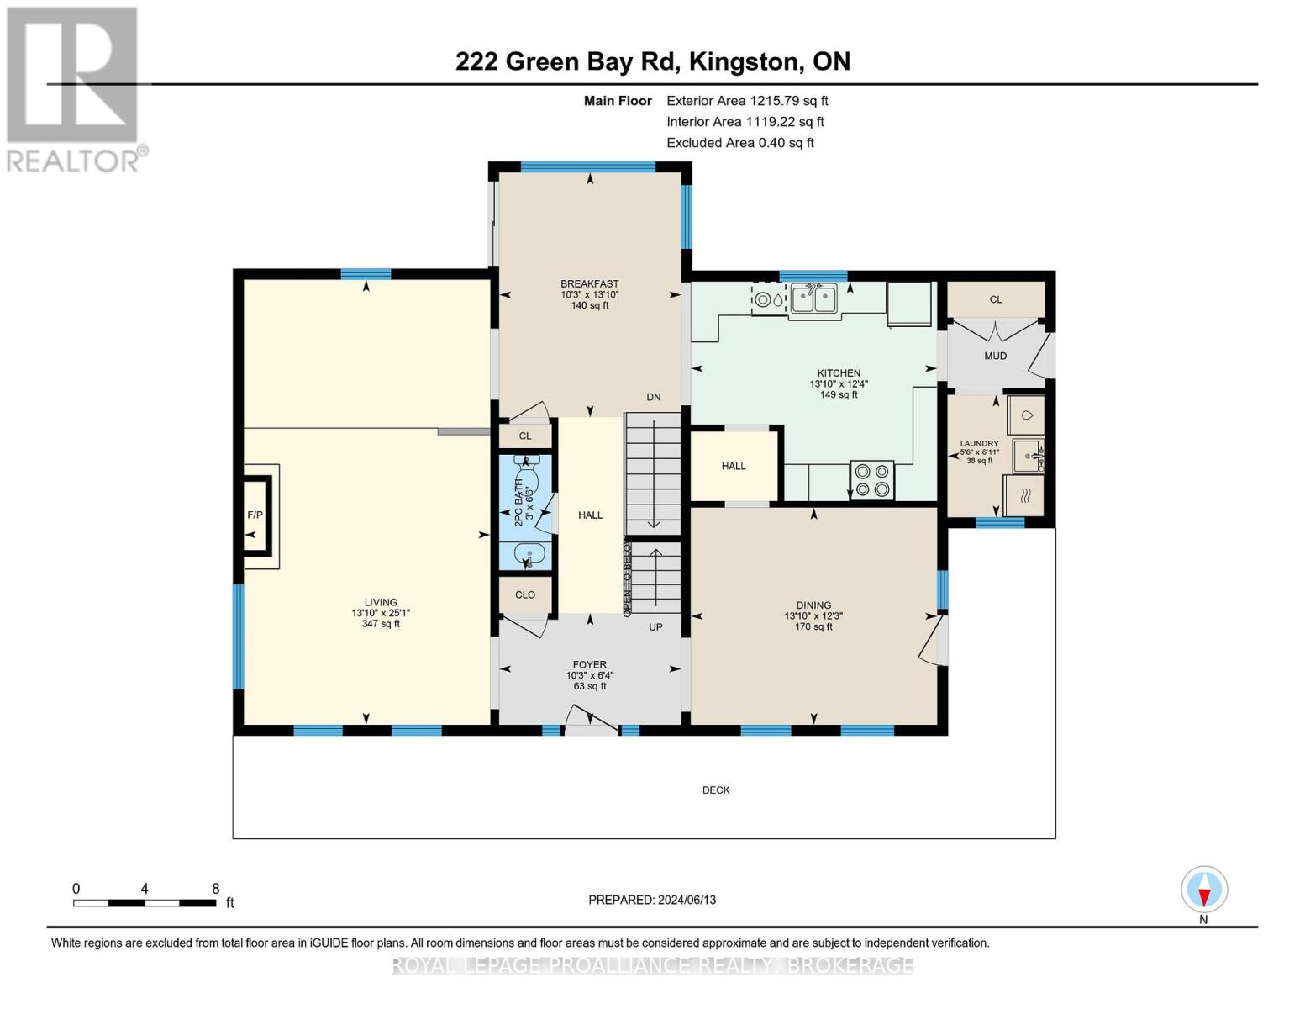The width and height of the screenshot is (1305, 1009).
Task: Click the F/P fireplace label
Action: click(x=255, y=515)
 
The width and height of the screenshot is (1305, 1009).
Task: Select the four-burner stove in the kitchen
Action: click(x=872, y=481)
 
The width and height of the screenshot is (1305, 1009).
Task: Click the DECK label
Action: click(x=716, y=790)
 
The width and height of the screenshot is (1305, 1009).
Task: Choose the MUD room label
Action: click(x=995, y=356)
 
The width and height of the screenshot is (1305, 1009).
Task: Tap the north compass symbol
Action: click(x=1204, y=890)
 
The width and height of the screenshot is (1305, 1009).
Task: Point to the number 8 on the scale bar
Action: click(x=216, y=888)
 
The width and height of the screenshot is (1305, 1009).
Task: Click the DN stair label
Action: click(x=654, y=397)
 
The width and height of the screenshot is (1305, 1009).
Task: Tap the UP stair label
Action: click(x=655, y=626)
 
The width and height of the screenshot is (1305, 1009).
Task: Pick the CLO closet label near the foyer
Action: click(x=525, y=594)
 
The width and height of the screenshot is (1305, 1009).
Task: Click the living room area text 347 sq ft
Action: click(x=381, y=623)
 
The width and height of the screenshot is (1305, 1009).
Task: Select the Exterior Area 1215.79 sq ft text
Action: click(x=747, y=101)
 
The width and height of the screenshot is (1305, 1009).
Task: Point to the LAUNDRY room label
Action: click(x=979, y=443)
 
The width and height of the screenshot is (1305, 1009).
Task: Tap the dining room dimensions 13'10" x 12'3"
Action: click(x=813, y=616)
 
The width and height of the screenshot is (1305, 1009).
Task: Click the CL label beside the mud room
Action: click(x=996, y=299)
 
